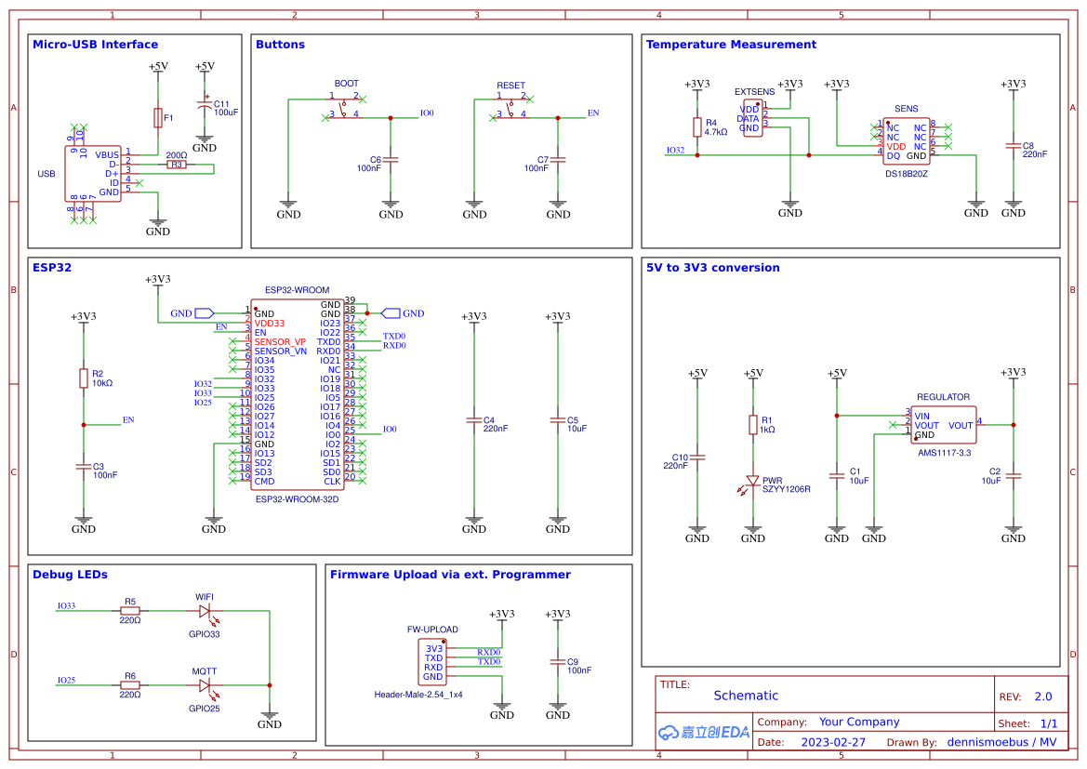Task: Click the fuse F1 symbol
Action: (x=158, y=118)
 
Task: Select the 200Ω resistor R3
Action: (x=176, y=165)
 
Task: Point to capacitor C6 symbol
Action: (x=391, y=160)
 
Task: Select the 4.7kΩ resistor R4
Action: (x=697, y=127)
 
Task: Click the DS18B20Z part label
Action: (x=907, y=173)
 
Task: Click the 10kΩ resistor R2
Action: (x=84, y=378)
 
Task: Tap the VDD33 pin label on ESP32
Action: (x=271, y=323)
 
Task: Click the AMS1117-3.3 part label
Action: (x=944, y=453)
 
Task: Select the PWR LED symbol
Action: (x=753, y=482)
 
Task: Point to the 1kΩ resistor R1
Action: (x=753, y=425)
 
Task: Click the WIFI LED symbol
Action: (x=205, y=611)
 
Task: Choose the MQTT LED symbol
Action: (x=205, y=685)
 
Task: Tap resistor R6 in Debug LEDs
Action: (x=130, y=685)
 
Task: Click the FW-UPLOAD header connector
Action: (x=431, y=662)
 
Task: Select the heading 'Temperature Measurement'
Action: (x=731, y=45)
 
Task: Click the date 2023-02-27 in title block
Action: (x=832, y=742)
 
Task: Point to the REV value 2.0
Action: (x=1042, y=696)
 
